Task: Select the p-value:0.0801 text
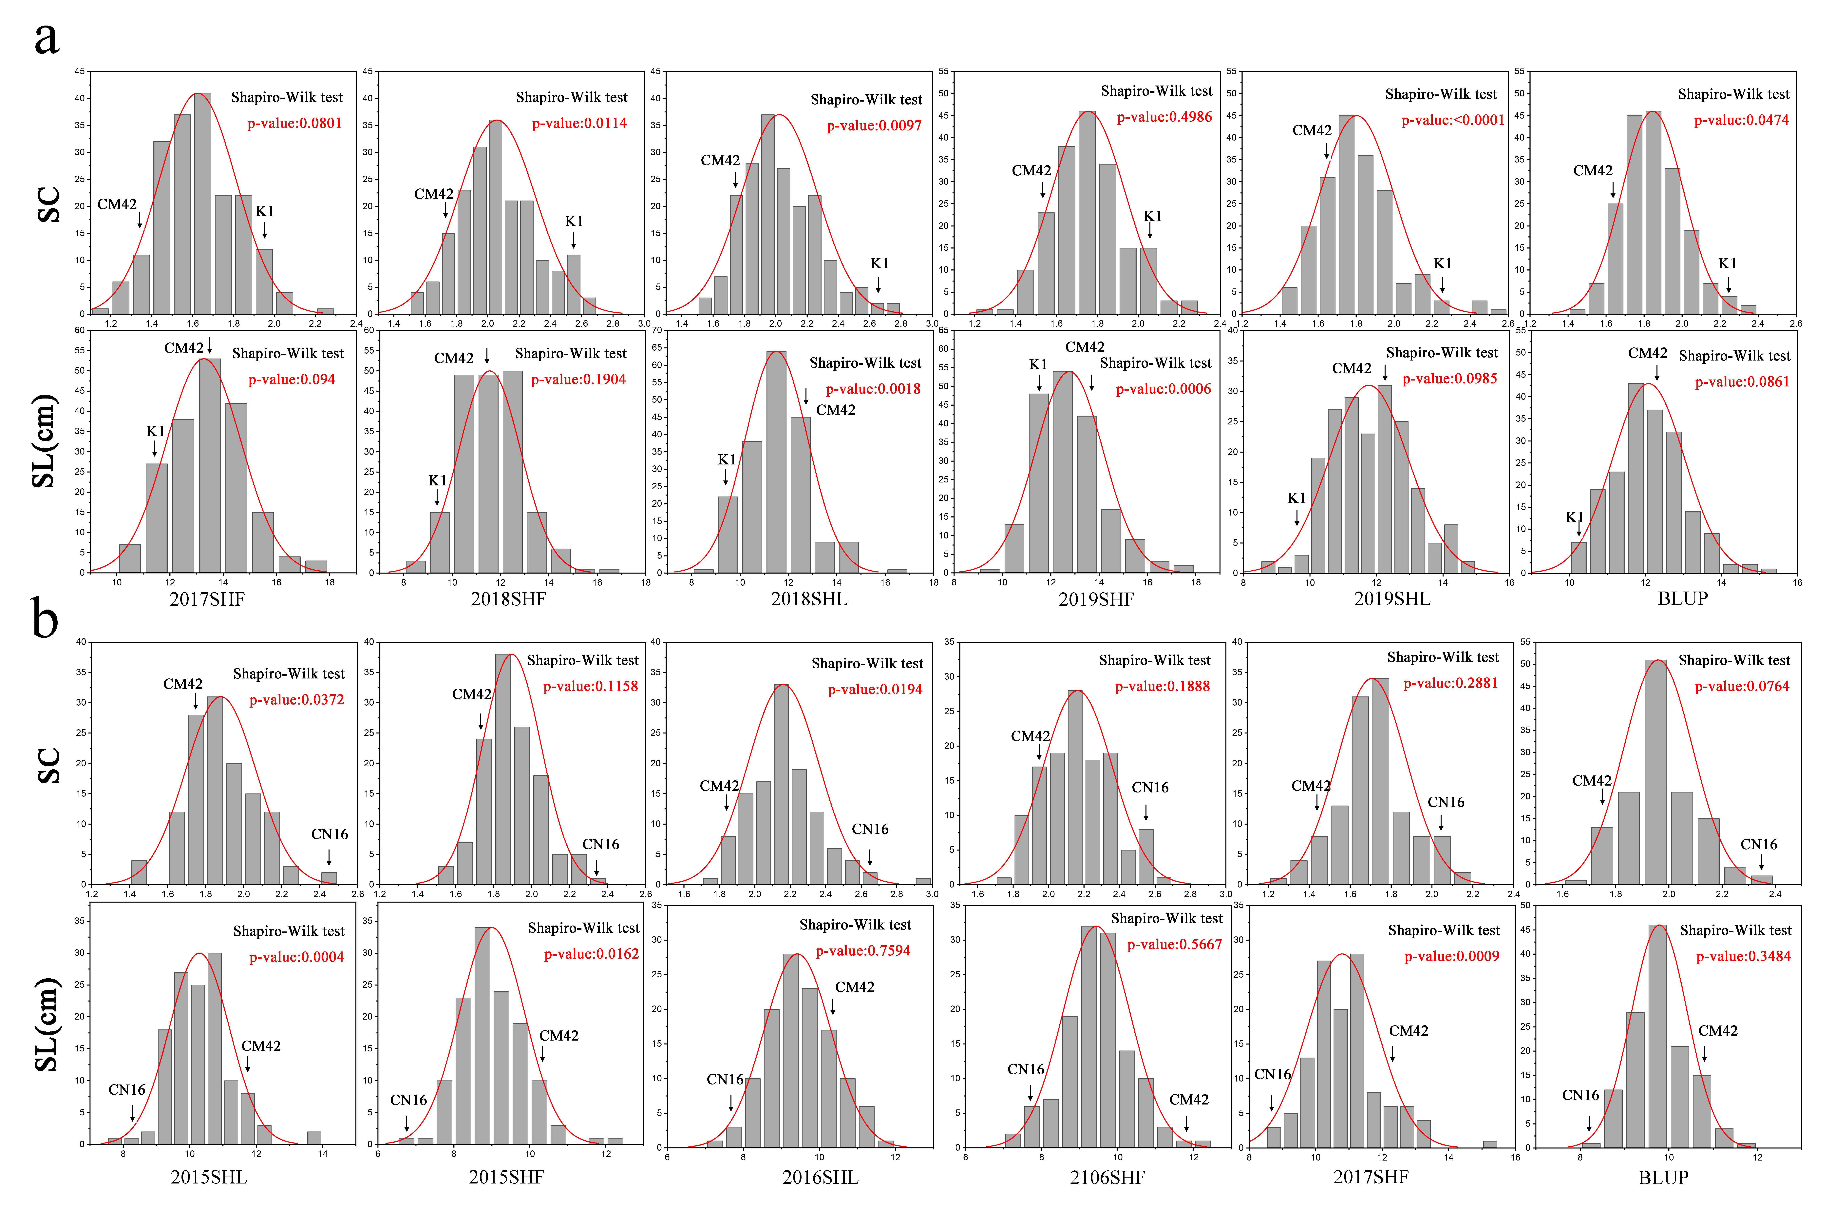tap(294, 123)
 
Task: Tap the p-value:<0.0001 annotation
tap(1453, 120)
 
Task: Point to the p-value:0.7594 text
tap(862, 951)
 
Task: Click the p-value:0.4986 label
tap(1164, 117)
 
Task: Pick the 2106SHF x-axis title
tap(1107, 1178)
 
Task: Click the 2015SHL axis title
tap(209, 1178)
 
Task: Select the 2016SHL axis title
tap(820, 1178)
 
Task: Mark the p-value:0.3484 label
tap(1743, 956)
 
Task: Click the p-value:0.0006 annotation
tap(1163, 389)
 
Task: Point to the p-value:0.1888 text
tap(1162, 686)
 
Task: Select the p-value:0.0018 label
tap(873, 389)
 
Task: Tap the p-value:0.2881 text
tap(1450, 683)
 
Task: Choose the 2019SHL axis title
tap(1391, 599)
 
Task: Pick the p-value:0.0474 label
tap(1741, 120)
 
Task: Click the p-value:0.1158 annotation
tap(590, 686)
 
